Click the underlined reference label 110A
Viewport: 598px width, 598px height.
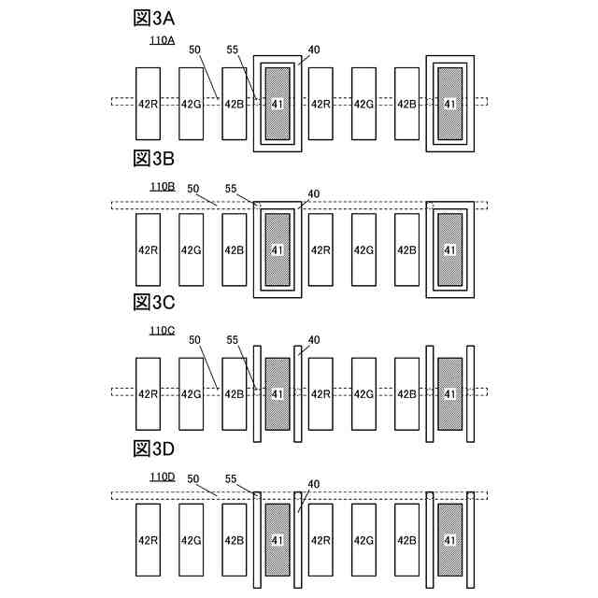click(163, 40)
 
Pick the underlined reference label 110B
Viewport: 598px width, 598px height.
click(163, 187)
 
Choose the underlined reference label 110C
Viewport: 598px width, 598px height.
click(163, 331)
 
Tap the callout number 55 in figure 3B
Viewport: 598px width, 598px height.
click(233, 188)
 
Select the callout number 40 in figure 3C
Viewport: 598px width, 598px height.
click(314, 340)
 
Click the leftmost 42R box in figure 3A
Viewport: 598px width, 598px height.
click(148, 104)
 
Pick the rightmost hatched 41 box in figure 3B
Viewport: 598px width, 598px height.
click(450, 249)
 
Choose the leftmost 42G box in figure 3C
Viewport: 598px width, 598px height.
click(191, 393)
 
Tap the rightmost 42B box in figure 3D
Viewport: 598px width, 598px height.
click(406, 539)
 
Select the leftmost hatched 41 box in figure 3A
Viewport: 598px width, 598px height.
click(277, 104)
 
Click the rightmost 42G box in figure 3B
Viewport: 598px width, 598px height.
click(363, 249)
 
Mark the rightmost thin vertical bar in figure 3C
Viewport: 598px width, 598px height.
click(471, 393)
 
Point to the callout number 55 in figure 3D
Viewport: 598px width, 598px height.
click(233, 478)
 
